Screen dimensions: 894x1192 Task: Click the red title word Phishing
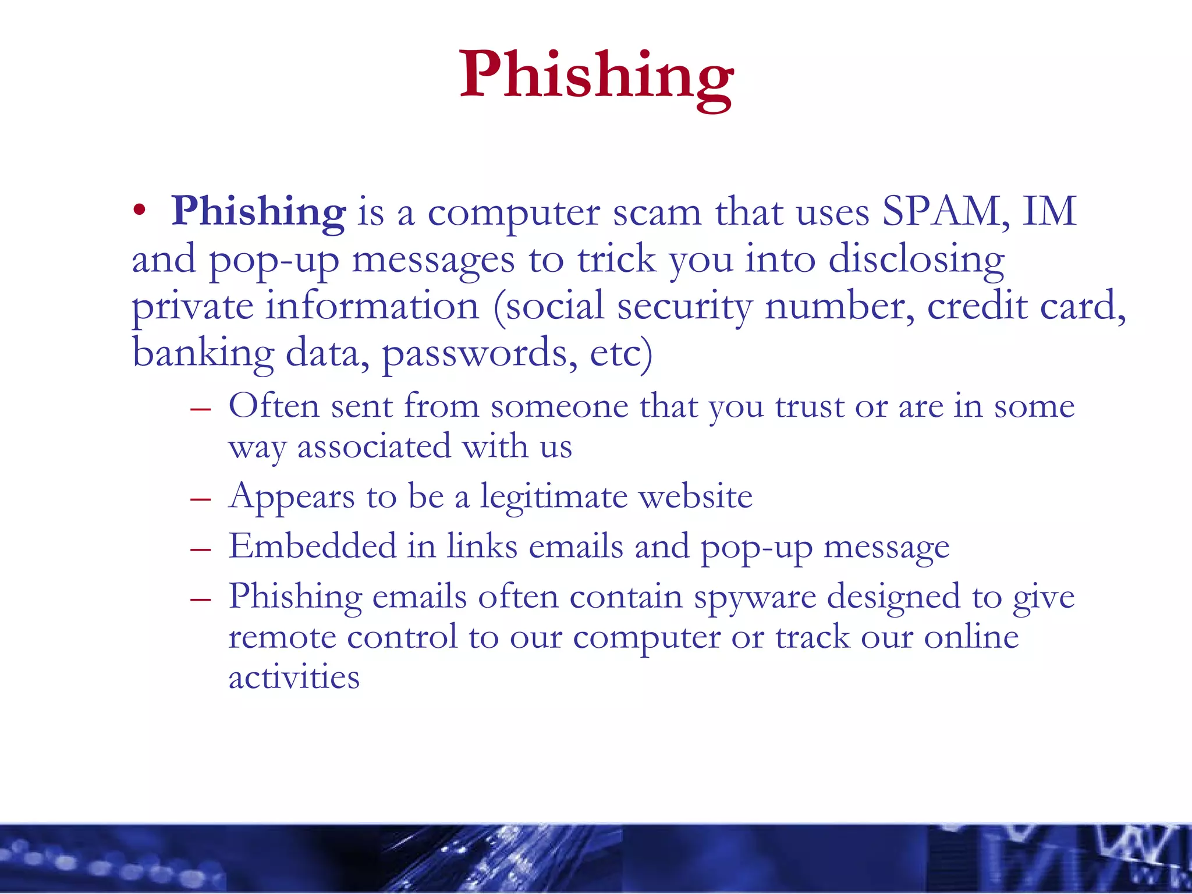[x=596, y=76]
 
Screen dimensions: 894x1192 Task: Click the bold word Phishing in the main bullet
[x=258, y=212]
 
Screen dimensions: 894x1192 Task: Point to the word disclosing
[x=916, y=260]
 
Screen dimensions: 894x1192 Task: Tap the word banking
[x=203, y=354]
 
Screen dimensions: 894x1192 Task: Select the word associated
[x=374, y=447]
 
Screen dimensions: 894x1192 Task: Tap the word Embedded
[x=312, y=547]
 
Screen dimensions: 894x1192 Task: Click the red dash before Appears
[x=200, y=499]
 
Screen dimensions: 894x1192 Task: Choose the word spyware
[x=755, y=598]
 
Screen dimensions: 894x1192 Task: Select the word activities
[x=294, y=677]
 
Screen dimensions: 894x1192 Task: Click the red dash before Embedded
[x=200, y=549]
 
